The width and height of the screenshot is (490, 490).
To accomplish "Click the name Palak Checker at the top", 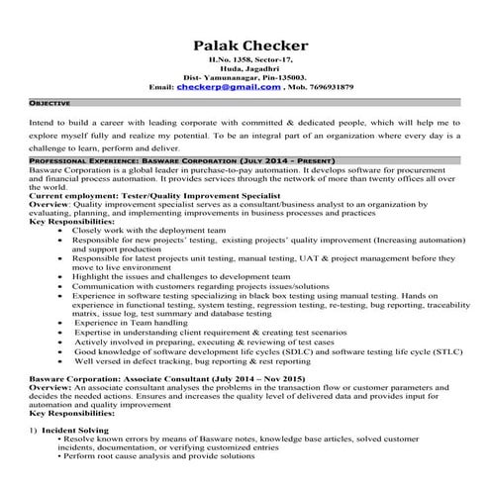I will click(x=250, y=46).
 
